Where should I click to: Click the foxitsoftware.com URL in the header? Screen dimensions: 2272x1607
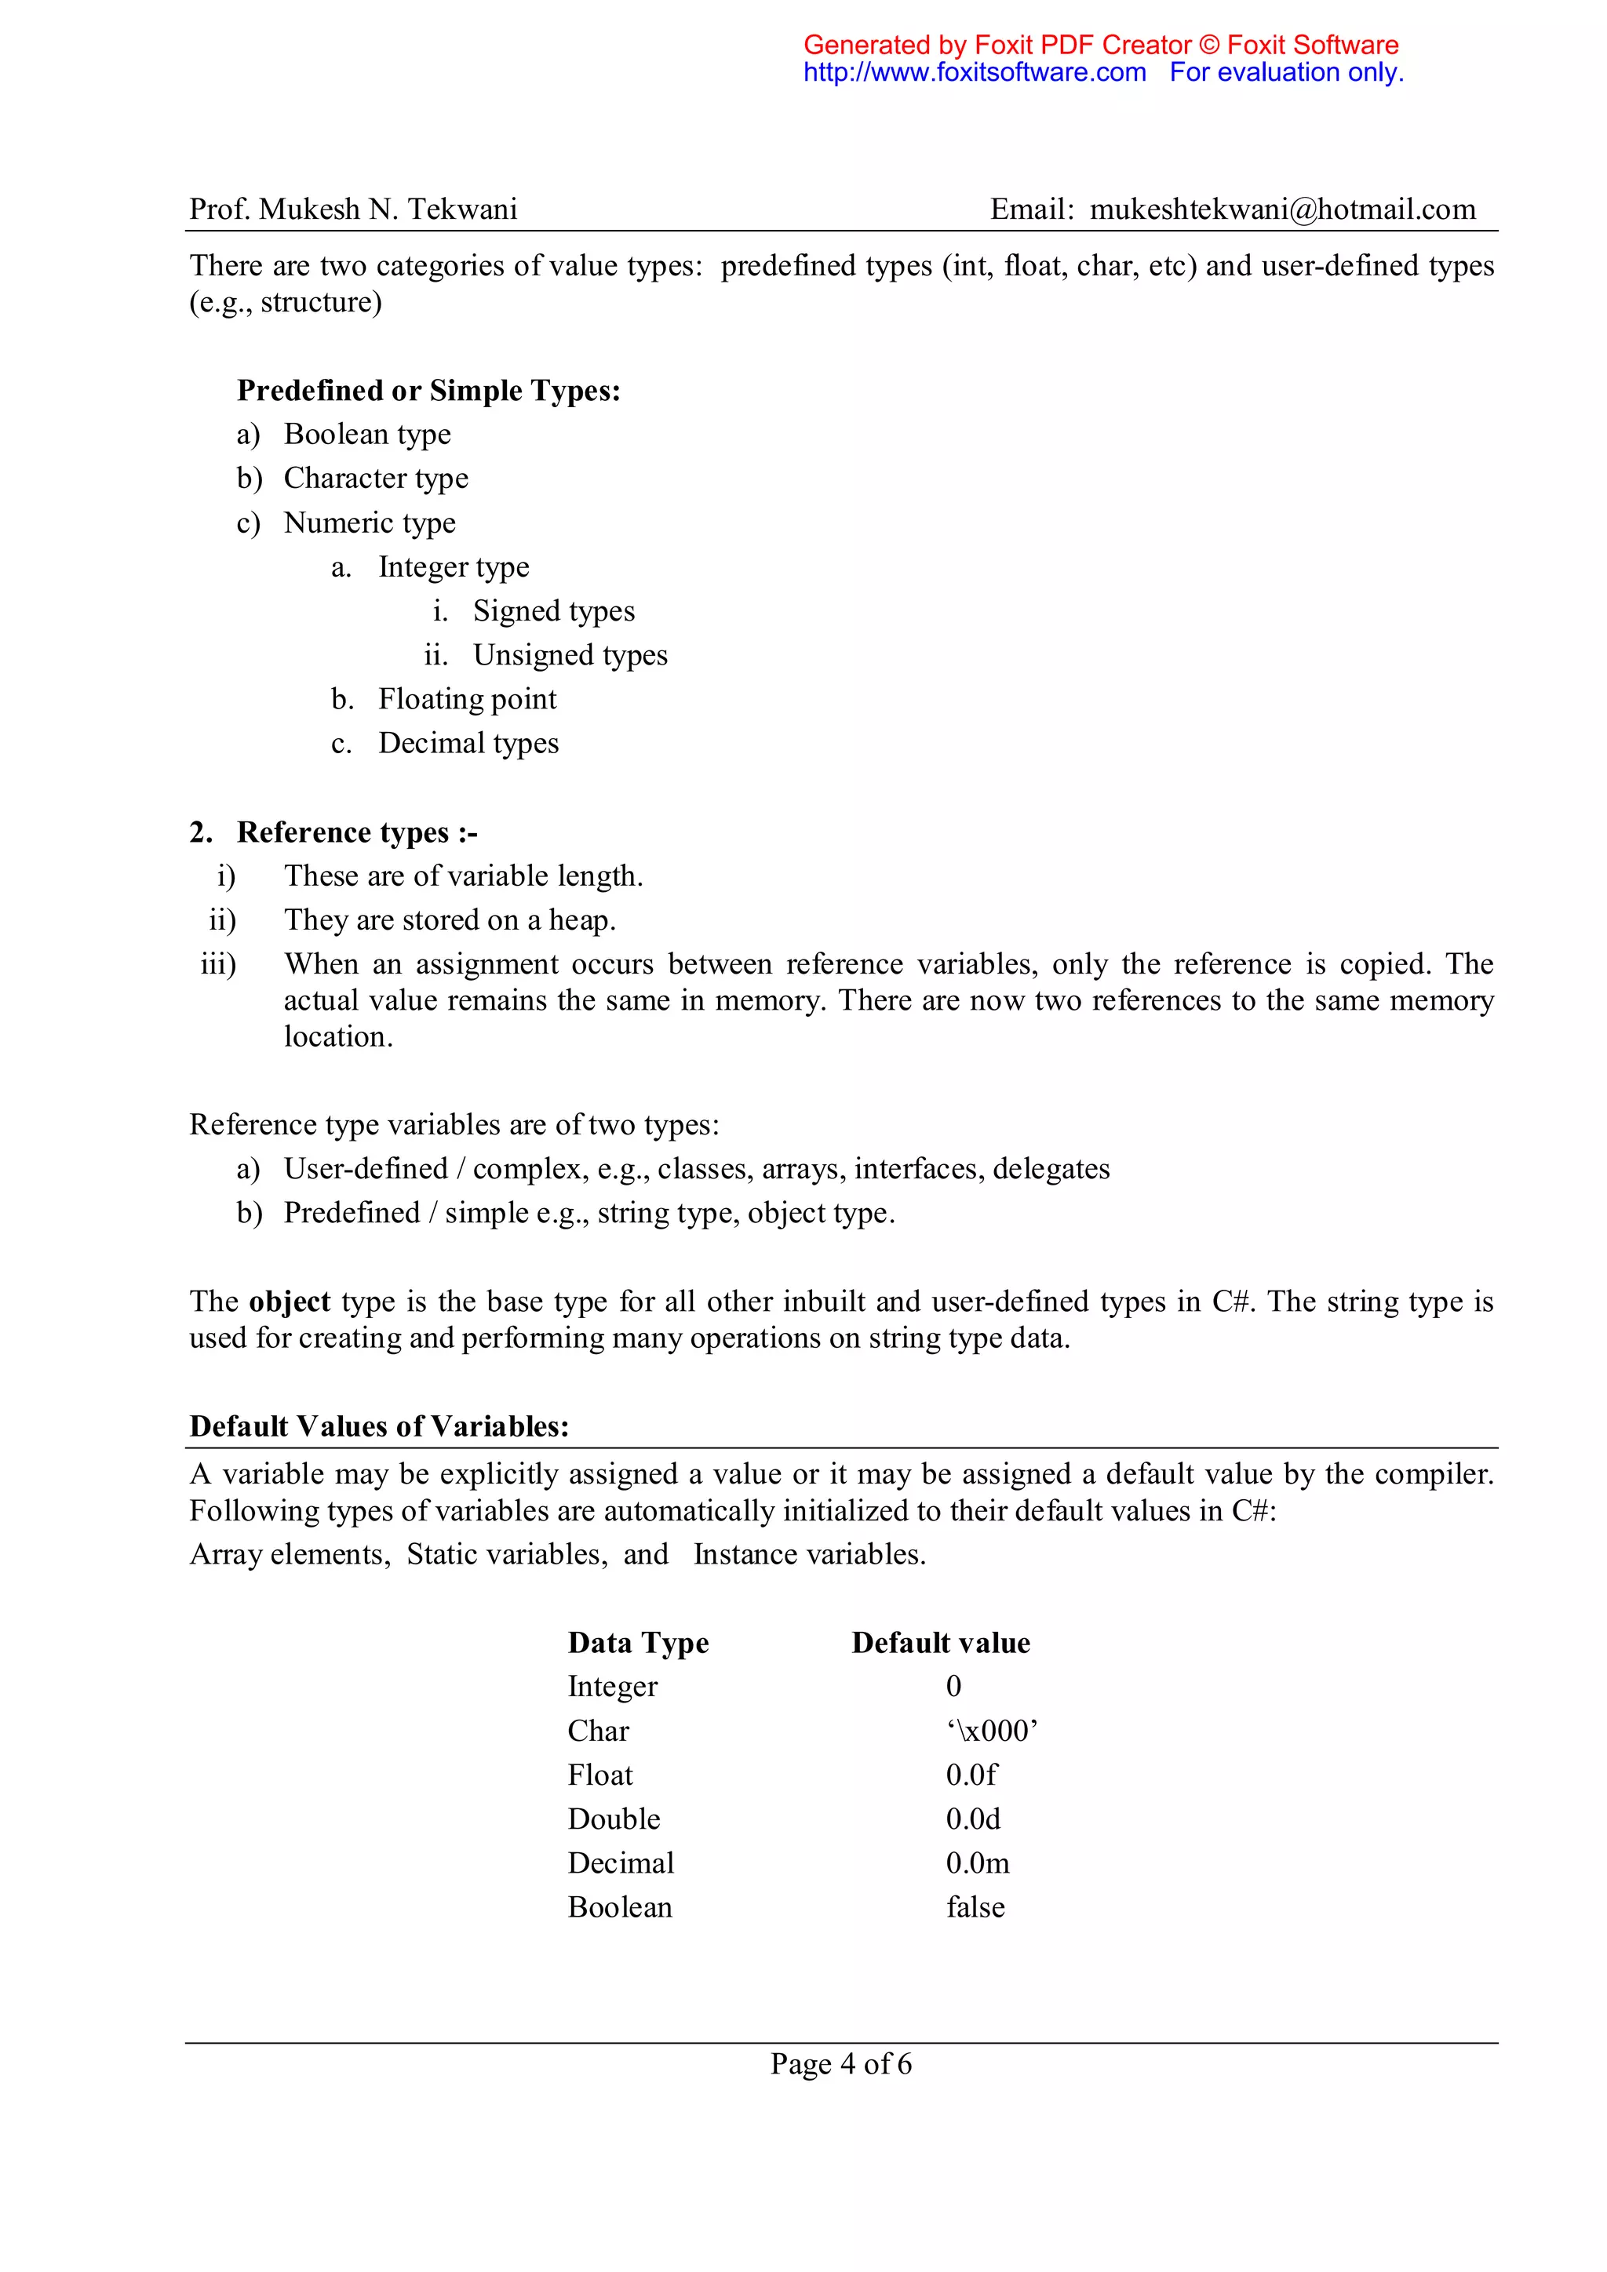click(974, 72)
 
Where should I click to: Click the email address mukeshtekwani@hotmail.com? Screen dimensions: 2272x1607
click(1281, 209)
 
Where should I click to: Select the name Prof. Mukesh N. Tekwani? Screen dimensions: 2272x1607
click(353, 209)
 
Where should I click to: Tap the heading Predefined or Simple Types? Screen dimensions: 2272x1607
click(428, 391)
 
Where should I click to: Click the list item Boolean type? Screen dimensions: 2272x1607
click(367, 435)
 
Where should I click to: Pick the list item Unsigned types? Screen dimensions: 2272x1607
click(570, 655)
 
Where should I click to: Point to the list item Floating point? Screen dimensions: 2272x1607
click(467, 700)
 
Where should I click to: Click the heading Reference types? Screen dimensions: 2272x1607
click(356, 832)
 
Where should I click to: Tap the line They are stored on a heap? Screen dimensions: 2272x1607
click(450, 920)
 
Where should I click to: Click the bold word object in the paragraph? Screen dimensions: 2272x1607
click(289, 1302)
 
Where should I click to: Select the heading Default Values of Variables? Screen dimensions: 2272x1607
click(379, 1426)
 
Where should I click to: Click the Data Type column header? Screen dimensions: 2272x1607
click(638, 1643)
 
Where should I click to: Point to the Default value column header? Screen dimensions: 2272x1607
click(940, 1643)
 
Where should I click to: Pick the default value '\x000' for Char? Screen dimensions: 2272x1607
click(992, 1731)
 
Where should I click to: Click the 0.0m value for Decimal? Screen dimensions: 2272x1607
click(978, 1863)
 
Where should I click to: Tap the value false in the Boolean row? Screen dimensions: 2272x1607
click(975, 1907)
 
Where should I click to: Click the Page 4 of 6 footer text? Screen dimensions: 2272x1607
click(841, 2064)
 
